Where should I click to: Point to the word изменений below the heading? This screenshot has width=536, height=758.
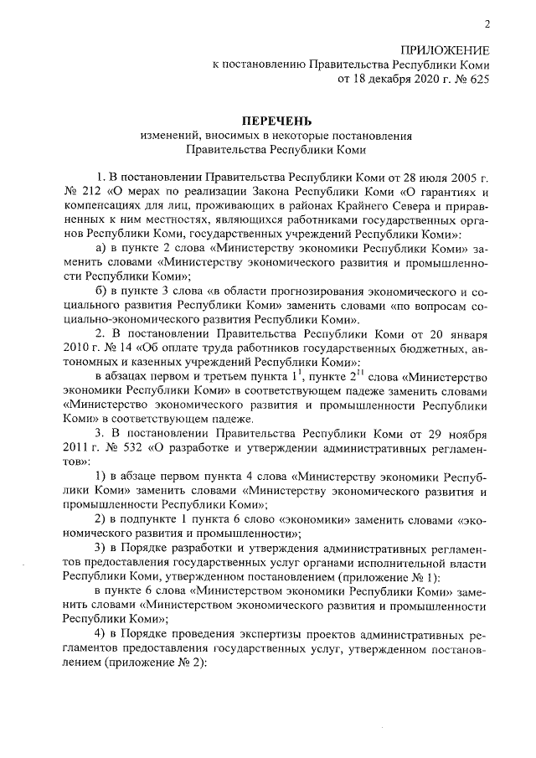point(170,137)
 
